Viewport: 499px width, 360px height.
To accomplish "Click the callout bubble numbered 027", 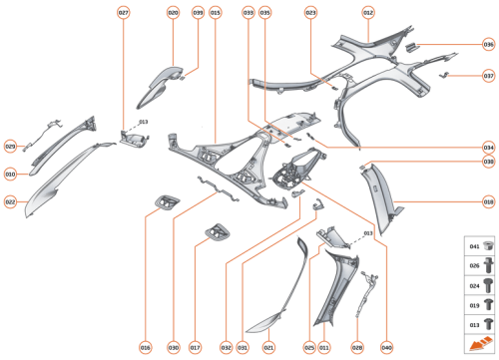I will point(124,12).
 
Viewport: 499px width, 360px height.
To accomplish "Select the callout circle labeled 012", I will point(368,12).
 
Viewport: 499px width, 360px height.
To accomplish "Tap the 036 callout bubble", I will point(488,45).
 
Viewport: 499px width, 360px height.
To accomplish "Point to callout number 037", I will point(488,75).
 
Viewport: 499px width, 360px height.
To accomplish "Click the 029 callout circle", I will point(10,147).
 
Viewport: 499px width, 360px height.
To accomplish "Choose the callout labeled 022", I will point(10,202).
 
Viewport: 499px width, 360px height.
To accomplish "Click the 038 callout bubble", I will point(488,161).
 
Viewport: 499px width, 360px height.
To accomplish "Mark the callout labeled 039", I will point(198,12).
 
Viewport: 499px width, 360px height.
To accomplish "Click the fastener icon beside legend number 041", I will point(488,246).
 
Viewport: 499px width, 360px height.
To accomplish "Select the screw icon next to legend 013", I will point(488,324).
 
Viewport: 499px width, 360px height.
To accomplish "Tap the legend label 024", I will point(474,285).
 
